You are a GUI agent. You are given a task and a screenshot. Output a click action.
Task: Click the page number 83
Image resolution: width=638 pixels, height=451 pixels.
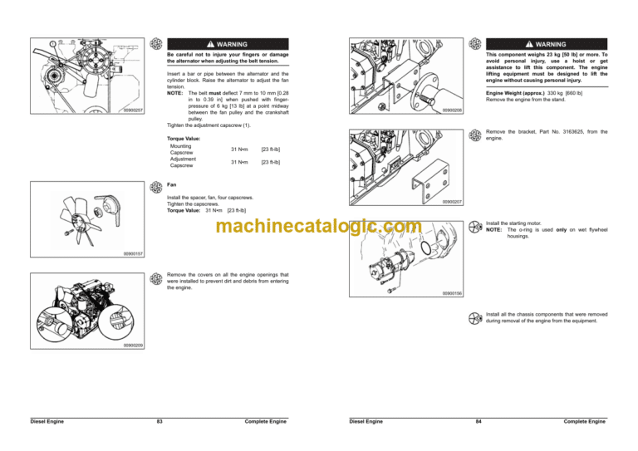[159, 421]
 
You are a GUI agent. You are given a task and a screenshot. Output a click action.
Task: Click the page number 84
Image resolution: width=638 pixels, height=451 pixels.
[478, 421]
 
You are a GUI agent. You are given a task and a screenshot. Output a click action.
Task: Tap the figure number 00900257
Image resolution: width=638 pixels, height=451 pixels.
[133, 110]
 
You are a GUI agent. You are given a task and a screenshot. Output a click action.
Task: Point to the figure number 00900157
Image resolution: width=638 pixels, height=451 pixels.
[133, 254]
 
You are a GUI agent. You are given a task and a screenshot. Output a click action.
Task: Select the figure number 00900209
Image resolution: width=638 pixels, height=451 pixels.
[133, 346]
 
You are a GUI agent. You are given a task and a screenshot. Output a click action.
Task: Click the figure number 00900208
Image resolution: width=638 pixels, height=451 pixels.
[452, 110]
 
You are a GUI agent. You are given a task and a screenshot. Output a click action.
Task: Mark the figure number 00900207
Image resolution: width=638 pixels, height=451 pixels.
[452, 202]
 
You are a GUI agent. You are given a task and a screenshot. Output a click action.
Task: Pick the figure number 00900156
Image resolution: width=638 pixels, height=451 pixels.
[452, 293]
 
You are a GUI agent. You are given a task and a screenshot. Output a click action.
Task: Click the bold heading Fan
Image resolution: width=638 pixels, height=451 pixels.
[172, 184]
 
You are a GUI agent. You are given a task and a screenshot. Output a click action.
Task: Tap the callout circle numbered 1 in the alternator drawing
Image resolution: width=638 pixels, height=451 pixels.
[52, 43]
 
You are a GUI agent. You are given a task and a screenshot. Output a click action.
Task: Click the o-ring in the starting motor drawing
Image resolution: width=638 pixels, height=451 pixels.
[425, 248]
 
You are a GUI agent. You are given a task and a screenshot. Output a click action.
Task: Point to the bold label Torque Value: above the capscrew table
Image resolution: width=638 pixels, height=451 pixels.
[184, 139]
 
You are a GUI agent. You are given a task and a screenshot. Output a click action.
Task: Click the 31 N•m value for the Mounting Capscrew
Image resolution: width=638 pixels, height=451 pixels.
[239, 150]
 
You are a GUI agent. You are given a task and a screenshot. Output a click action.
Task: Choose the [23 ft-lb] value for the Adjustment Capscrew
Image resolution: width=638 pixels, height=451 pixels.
[271, 162]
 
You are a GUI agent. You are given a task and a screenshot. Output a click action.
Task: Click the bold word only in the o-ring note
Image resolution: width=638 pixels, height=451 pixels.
[561, 230]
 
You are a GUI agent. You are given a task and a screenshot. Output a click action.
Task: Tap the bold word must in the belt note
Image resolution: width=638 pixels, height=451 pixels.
[215, 93]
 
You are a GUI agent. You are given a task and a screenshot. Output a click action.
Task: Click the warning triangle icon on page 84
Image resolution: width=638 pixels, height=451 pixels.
[529, 44]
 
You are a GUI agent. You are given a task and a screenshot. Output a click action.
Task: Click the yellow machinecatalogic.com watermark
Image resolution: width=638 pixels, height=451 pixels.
[319, 226]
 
